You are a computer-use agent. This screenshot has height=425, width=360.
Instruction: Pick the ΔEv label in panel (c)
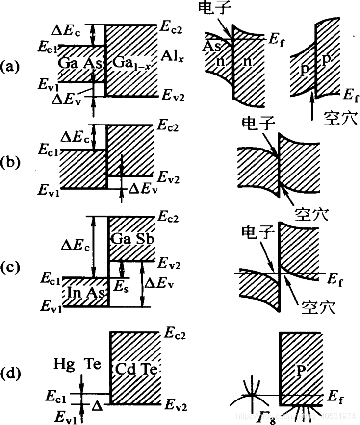(161, 283)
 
